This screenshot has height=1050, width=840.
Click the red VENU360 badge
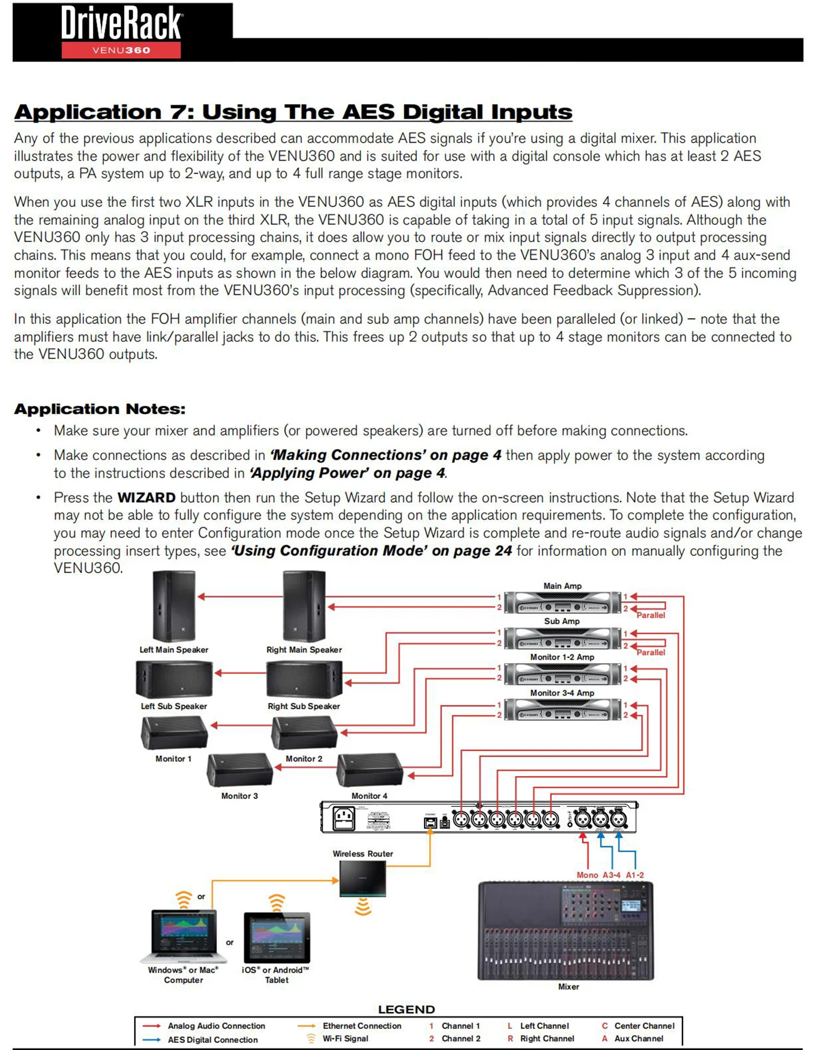pos(121,50)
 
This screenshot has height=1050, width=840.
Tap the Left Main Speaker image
pos(174,606)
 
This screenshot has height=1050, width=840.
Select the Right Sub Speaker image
pos(304,679)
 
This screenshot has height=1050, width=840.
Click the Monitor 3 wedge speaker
pos(240,770)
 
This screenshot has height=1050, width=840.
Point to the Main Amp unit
pos(562,603)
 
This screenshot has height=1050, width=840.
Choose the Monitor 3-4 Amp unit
pos(562,710)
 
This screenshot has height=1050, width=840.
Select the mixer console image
pos(566,931)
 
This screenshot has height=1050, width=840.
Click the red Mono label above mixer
pos(587,875)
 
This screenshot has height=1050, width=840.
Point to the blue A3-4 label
pos(611,875)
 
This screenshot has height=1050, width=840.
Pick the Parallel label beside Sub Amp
pos(650,652)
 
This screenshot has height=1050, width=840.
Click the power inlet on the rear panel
pos(344,818)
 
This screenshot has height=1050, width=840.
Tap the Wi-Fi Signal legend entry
pos(345,1038)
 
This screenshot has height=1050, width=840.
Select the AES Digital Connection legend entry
pos(213,1039)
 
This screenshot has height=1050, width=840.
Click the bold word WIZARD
pos(146,497)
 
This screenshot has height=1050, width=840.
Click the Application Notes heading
pos(100,409)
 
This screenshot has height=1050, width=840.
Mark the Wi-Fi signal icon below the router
pos(363,907)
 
